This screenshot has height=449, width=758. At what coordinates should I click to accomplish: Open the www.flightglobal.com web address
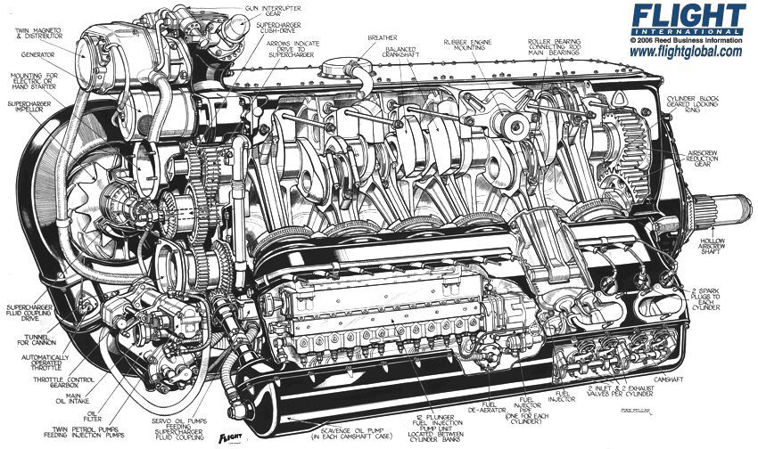click(x=686, y=53)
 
